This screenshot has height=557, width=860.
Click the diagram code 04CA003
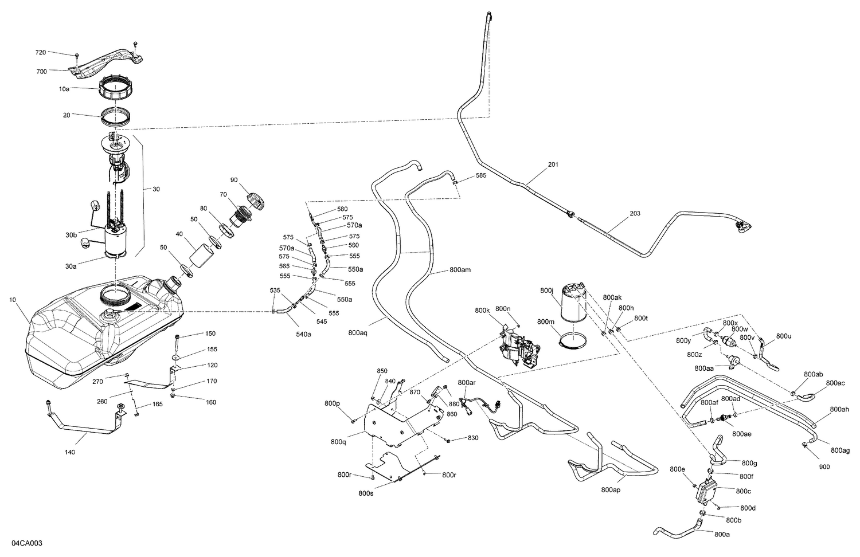click(x=26, y=543)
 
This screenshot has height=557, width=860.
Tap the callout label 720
click(x=41, y=52)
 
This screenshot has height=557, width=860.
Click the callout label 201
click(x=553, y=164)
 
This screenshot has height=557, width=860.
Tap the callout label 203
click(x=635, y=213)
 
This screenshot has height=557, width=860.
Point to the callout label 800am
click(x=460, y=269)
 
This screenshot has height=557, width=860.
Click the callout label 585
click(x=480, y=175)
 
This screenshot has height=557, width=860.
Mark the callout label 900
click(x=824, y=466)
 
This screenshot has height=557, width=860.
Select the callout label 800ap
click(x=612, y=490)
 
